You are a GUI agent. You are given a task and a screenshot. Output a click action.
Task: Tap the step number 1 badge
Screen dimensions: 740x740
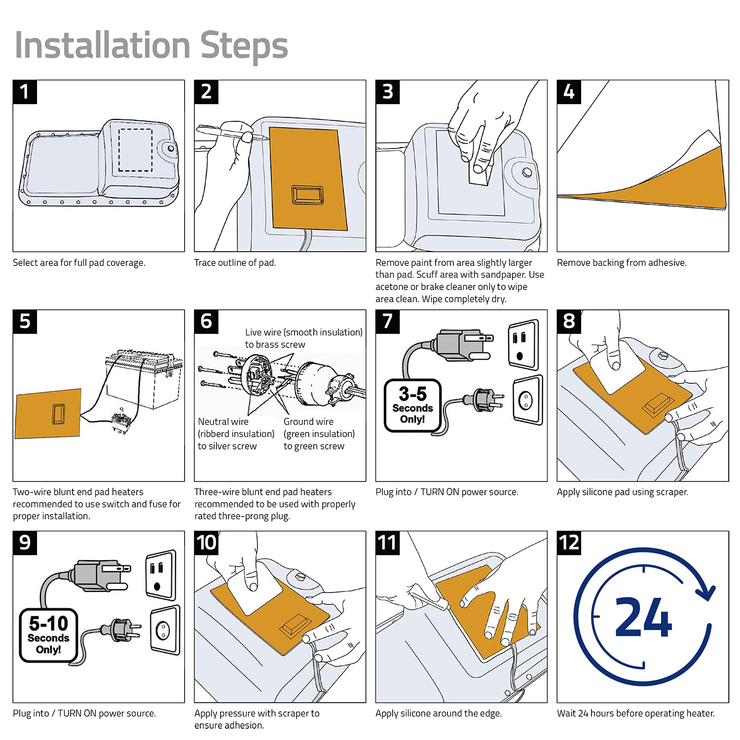pyautogui.click(x=25, y=92)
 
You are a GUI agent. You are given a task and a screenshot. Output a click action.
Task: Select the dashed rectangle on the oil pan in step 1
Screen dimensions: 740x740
pyautogui.click(x=135, y=150)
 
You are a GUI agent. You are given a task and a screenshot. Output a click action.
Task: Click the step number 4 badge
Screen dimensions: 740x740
pyautogui.click(x=569, y=92)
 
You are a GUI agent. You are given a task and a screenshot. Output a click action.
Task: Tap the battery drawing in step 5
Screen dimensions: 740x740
pyautogui.click(x=143, y=380)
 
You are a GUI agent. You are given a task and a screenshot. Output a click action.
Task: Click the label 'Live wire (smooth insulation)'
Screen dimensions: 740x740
pyautogui.click(x=303, y=333)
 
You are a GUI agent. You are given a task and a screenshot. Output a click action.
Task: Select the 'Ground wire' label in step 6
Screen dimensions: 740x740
pyautogui.click(x=308, y=422)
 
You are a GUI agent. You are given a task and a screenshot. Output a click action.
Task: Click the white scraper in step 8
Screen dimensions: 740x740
pyautogui.click(x=617, y=371)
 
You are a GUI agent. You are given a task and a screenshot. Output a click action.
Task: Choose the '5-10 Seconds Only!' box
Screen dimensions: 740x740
pyautogui.click(x=48, y=635)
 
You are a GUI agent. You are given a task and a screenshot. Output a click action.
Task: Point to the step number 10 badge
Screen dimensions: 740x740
pyautogui.click(x=206, y=543)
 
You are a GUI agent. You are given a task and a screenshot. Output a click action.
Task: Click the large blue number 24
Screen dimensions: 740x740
pyautogui.click(x=643, y=618)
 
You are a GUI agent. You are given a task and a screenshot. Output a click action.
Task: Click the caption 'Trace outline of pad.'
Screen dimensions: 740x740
pyautogui.click(x=235, y=263)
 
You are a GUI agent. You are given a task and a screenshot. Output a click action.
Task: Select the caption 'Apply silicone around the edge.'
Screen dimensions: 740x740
pyautogui.click(x=438, y=713)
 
